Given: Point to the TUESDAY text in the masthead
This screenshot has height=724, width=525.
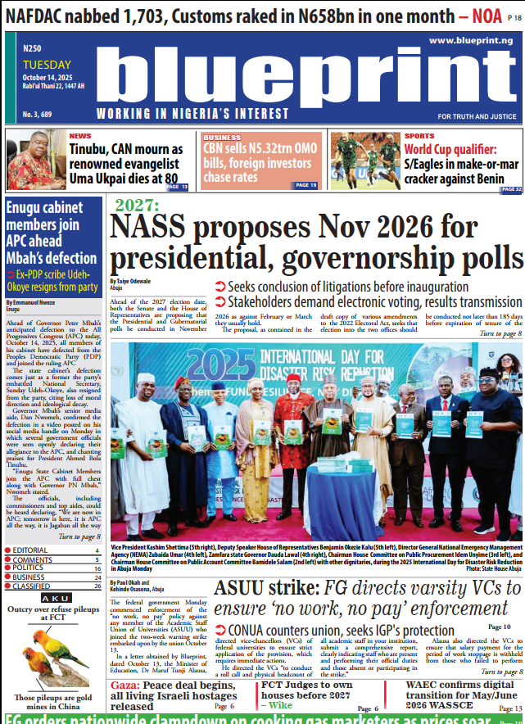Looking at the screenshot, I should pos(47,66).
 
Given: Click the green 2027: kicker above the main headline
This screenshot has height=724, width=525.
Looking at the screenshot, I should pos(137,206).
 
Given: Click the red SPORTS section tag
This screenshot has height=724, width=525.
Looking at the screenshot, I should pos(419,136).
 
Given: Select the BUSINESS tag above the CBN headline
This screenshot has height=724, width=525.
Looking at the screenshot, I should pos(222,138).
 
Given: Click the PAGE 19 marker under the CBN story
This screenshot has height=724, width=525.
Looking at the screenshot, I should pos(305,185).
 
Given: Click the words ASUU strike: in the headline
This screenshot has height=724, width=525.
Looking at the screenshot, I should pos(262,588).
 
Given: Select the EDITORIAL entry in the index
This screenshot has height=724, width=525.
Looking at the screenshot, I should pos(30,550).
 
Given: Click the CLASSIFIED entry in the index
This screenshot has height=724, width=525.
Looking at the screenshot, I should pos(31,586).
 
